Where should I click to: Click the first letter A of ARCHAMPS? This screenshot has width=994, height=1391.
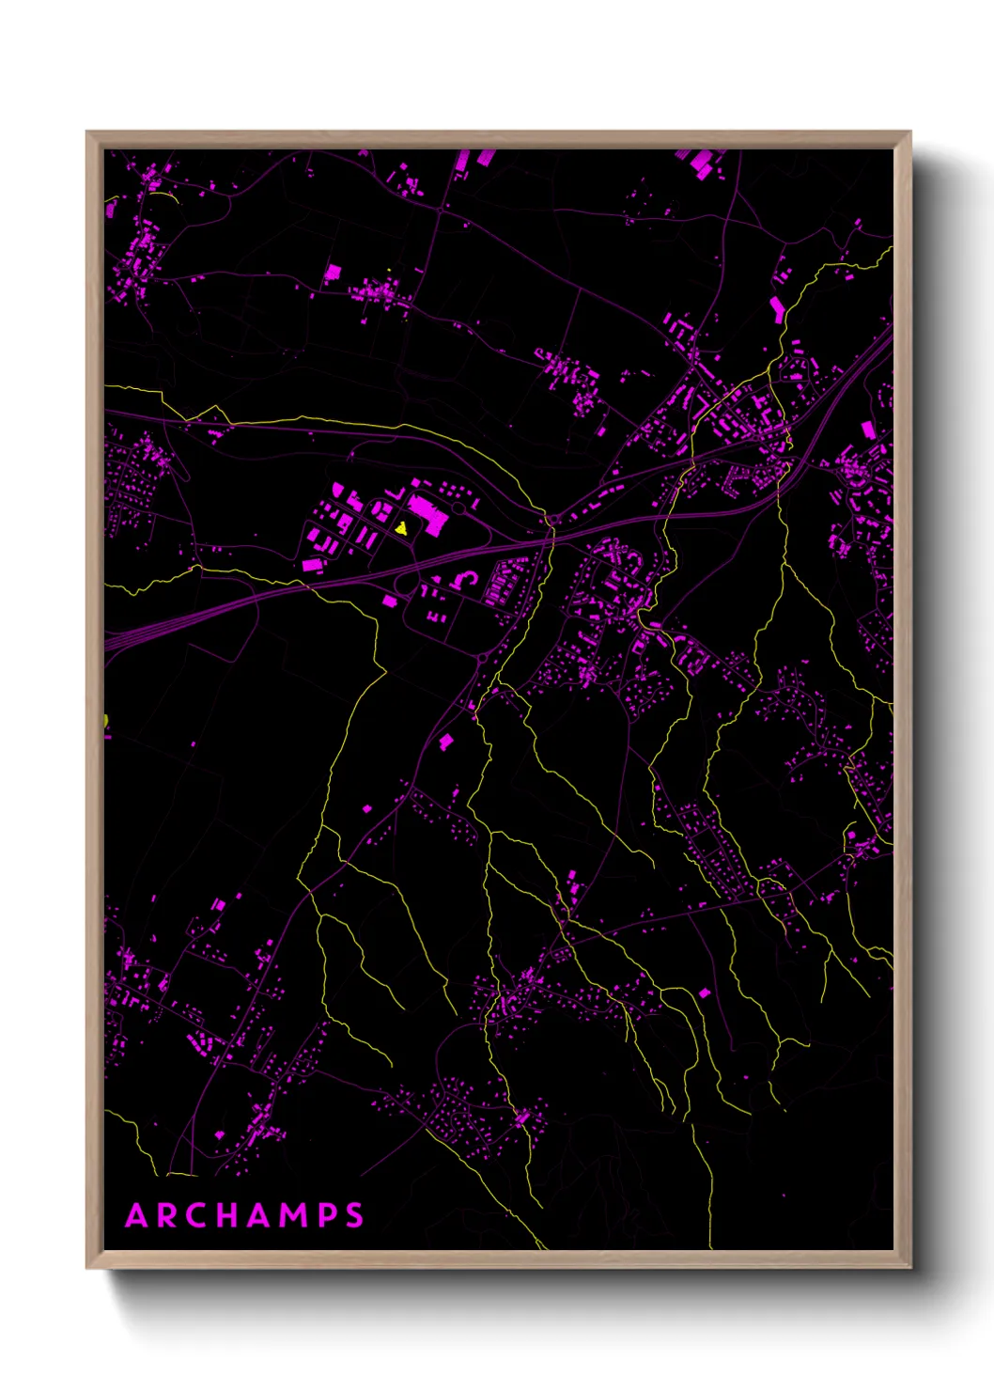(137, 1215)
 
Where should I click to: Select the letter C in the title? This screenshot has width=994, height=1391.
(198, 1215)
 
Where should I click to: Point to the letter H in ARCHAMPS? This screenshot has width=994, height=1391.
(230, 1215)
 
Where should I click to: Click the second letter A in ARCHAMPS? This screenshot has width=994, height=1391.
(262, 1215)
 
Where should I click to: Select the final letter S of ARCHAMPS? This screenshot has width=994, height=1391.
(354, 1215)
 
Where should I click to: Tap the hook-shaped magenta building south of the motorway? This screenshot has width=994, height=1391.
(463, 579)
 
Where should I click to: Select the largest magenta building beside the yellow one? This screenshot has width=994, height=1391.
(429, 513)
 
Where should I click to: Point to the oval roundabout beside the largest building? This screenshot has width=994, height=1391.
(458, 508)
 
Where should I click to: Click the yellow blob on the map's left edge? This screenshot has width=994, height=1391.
(106, 722)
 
